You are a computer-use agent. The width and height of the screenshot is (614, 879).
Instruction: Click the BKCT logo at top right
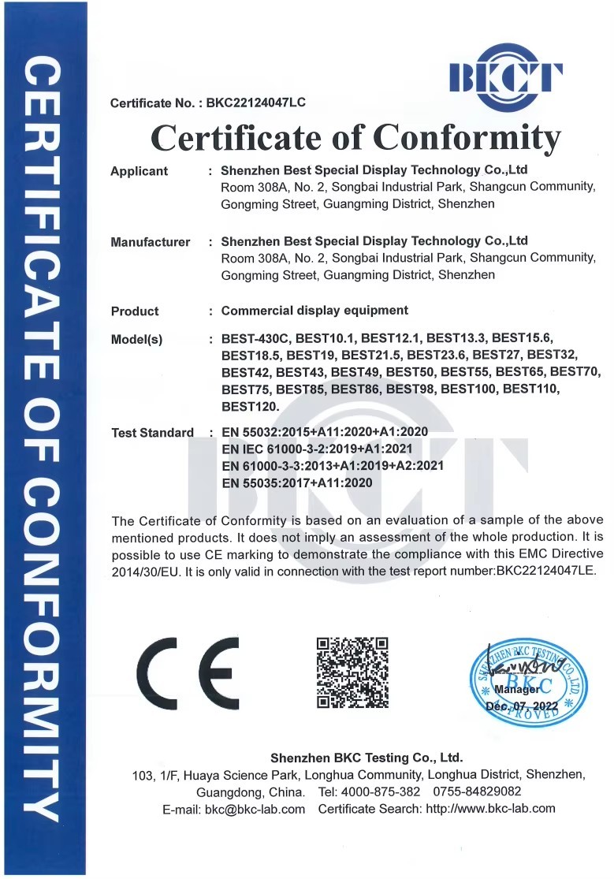[505, 76]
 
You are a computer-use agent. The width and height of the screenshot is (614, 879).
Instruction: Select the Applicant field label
[140, 171]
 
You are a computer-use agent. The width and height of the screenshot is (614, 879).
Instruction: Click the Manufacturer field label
[151, 242]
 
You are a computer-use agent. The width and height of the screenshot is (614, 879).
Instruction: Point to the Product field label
[135, 311]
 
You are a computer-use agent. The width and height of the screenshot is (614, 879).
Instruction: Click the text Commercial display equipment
[314, 311]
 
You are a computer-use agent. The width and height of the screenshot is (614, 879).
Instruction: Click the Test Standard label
[152, 433]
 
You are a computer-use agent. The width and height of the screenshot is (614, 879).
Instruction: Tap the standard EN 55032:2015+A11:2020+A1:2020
[325, 432]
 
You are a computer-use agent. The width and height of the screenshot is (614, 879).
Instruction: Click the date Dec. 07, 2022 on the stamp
[522, 706]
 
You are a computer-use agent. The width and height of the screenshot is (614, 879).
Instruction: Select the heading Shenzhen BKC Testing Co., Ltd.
[366, 758]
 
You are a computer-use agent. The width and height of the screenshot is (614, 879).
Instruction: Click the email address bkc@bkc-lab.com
[255, 809]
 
